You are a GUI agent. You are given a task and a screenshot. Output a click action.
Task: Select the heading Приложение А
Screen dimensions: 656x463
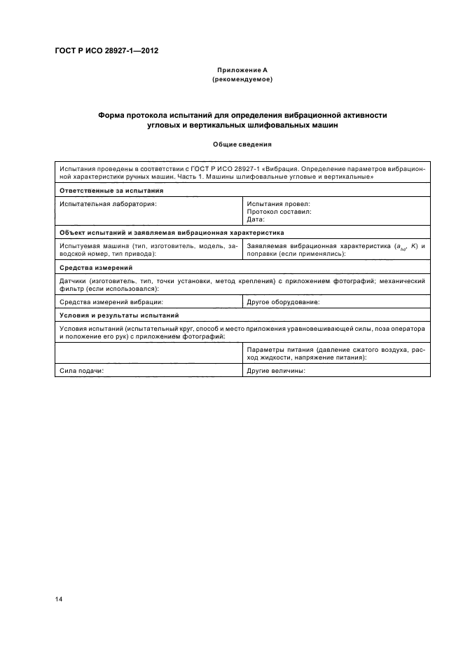click(x=242, y=71)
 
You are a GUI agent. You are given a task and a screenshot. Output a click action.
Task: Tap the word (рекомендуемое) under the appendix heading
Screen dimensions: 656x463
click(x=242, y=79)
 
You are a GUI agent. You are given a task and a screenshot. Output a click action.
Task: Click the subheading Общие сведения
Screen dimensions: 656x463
click(x=242, y=144)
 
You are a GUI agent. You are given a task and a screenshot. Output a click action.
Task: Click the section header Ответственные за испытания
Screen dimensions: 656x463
click(x=111, y=190)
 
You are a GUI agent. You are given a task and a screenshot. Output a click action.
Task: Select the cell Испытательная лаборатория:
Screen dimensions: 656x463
click(x=108, y=203)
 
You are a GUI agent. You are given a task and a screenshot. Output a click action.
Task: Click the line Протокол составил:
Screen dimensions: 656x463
click(x=279, y=211)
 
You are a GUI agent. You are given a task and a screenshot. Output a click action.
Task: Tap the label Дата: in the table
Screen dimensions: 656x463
click(x=256, y=219)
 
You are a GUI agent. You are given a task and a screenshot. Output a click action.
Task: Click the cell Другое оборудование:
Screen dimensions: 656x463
click(x=283, y=302)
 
